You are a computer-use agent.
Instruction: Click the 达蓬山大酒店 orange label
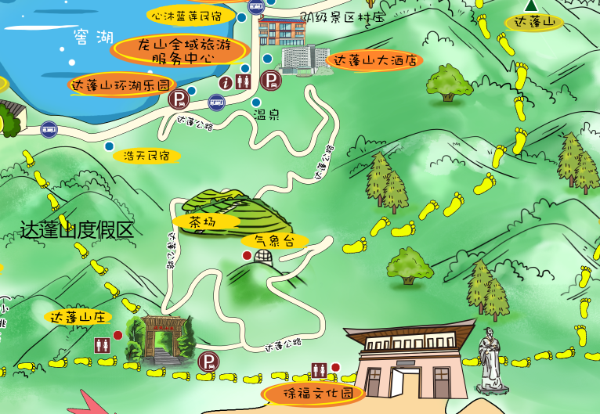(374, 60)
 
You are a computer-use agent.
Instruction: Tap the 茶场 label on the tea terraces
(205, 222)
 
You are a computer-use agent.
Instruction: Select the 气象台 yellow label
(274, 241)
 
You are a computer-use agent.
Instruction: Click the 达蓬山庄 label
(78, 317)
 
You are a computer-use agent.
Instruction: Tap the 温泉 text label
(266, 114)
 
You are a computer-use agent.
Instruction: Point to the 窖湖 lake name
(92, 37)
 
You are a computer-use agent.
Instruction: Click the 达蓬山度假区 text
(77, 230)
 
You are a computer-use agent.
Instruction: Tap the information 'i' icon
(226, 81)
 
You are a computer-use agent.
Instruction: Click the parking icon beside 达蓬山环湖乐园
(179, 99)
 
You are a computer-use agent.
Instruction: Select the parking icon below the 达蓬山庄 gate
(208, 362)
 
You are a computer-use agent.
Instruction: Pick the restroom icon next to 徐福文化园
(319, 369)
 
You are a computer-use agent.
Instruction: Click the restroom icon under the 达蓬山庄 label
(101, 344)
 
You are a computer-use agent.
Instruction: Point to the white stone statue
(490, 361)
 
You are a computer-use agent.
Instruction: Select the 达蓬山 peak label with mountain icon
(535, 22)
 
